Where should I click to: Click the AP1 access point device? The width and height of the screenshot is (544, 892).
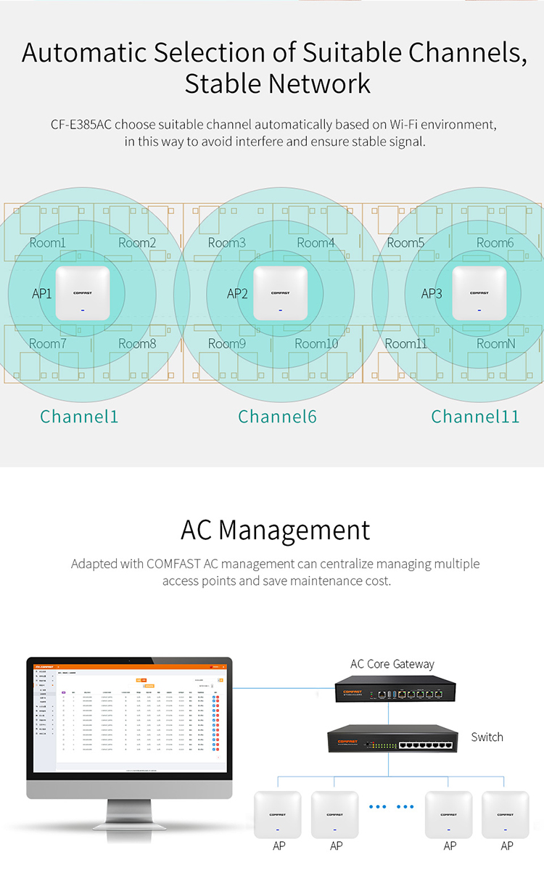[x=82, y=293]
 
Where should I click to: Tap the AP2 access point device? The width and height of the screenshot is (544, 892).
[x=280, y=293]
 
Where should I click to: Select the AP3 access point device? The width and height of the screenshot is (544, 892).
[x=479, y=293]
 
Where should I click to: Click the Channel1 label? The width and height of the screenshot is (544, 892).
[x=79, y=417]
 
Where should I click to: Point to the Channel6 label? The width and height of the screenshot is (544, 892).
[x=277, y=417]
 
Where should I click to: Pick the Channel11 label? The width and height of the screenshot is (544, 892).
[x=475, y=417]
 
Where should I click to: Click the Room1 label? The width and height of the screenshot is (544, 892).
[x=47, y=243]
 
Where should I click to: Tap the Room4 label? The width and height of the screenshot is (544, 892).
[x=316, y=243]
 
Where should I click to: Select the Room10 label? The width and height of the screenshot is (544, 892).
[x=316, y=343]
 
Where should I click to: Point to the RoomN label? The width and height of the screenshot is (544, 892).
[x=495, y=343]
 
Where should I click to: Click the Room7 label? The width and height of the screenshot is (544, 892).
[x=47, y=343]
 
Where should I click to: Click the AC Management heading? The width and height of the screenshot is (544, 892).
[x=275, y=530]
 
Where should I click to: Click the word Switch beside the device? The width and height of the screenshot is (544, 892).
[x=487, y=737]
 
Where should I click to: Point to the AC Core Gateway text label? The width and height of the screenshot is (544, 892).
[x=392, y=664]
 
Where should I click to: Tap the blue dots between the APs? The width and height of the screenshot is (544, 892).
[x=391, y=806]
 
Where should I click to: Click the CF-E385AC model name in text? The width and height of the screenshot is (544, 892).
[x=81, y=125]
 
